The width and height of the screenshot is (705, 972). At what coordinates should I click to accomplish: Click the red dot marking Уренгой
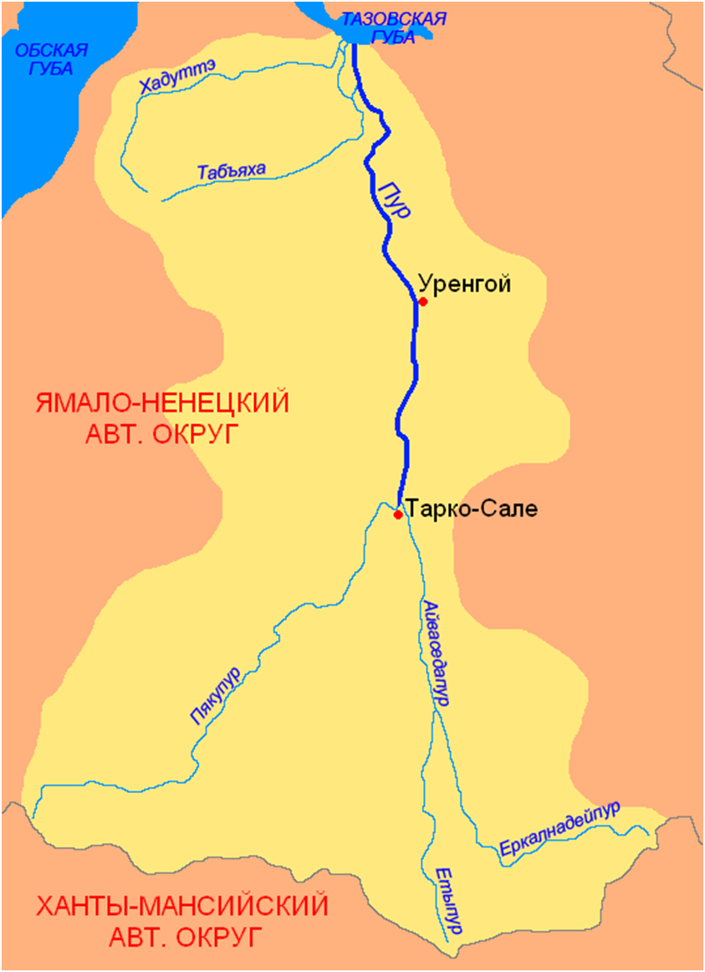pos(423,301)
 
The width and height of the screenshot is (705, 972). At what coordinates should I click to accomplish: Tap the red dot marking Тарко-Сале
pos(398,514)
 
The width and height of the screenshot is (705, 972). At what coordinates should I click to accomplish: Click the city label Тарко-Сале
pos(473,508)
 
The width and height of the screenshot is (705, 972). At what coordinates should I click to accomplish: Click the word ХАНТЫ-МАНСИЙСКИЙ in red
pos(181,905)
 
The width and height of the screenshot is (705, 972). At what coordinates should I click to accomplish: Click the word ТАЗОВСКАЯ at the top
pos(396,18)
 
